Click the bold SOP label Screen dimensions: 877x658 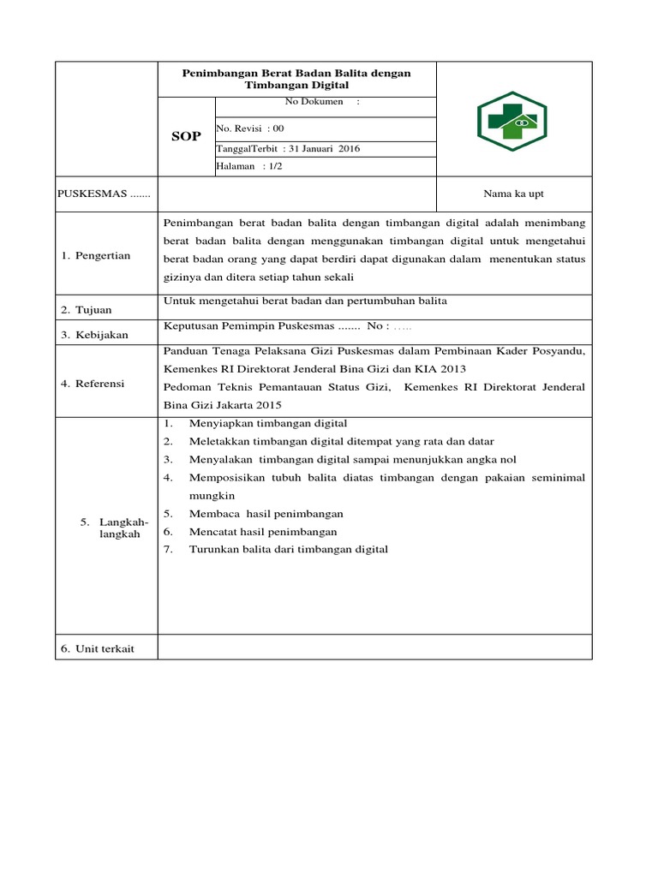click(186, 137)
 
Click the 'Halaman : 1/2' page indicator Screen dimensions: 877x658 click(249, 166)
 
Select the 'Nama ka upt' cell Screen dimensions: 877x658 click(513, 194)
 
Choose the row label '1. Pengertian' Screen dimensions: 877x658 click(96, 256)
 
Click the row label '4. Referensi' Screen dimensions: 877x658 click(93, 384)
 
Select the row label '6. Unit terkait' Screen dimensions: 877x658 click(98, 648)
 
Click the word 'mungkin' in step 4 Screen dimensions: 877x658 click(212, 495)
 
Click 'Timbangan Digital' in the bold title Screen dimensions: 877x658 click(296, 86)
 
